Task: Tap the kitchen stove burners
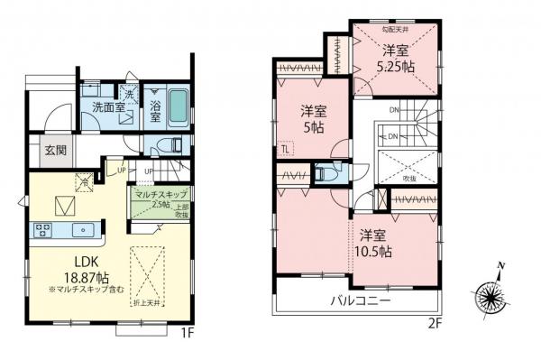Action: pos(42,230)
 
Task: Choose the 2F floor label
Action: pos(436,319)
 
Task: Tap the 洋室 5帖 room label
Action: pos(313,118)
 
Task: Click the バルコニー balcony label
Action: pos(361,300)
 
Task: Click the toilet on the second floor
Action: pos(325,171)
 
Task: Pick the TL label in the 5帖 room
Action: pos(284,149)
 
